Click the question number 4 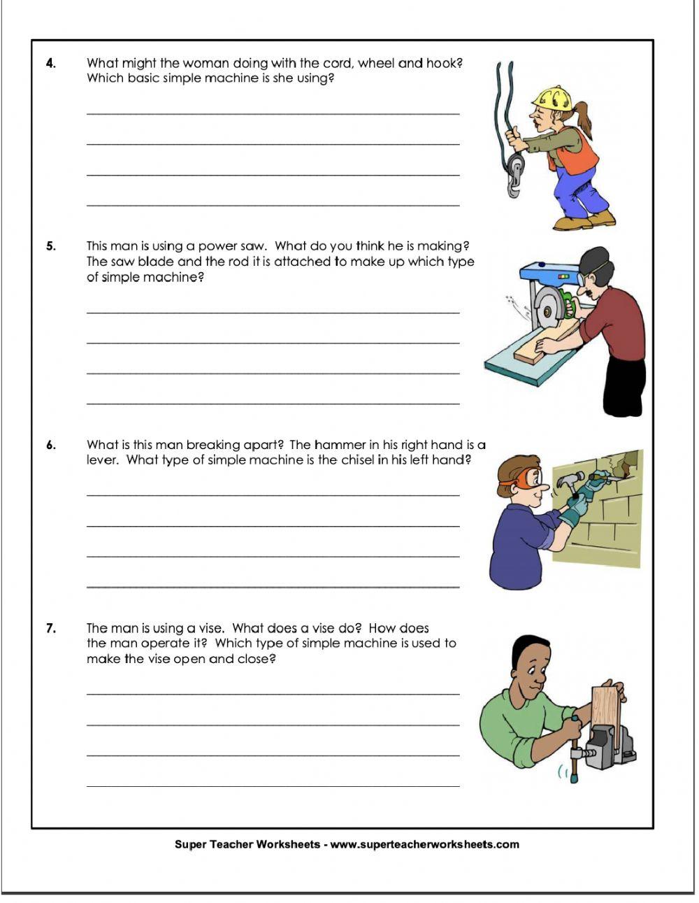tap(50, 64)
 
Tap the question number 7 tap(50, 628)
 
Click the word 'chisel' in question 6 tap(359, 460)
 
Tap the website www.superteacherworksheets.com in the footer tap(424, 844)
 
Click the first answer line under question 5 tap(273, 312)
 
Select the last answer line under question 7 tap(273, 785)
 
